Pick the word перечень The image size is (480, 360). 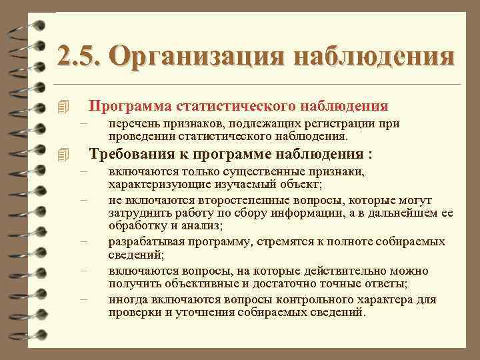[133, 123]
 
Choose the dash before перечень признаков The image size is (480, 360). [83, 123]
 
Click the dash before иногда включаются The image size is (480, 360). [83, 299]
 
